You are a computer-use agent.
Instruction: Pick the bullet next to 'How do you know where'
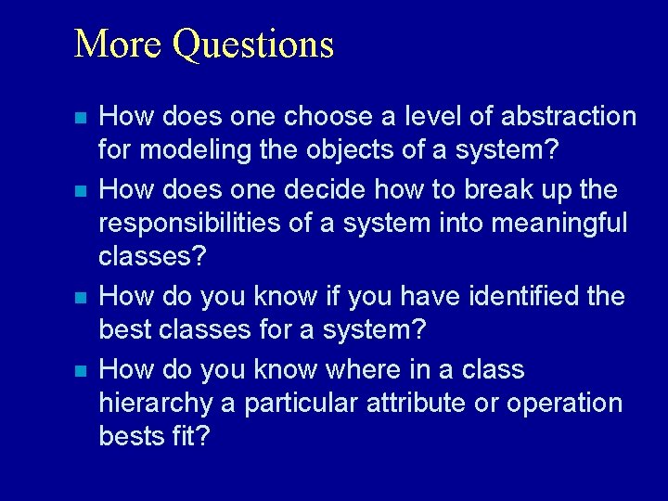[x=81, y=371]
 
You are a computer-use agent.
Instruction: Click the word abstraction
[x=569, y=116]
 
